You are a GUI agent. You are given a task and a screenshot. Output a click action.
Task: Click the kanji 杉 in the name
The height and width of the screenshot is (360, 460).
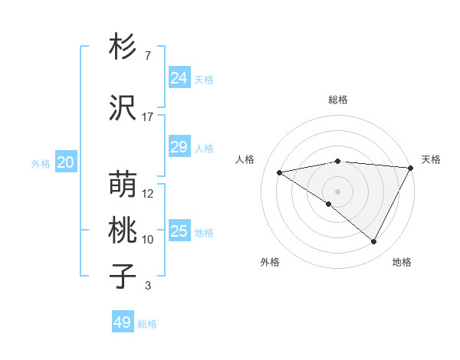[123, 47]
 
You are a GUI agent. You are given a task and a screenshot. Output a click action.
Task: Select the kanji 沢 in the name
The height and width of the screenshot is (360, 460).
[123, 108]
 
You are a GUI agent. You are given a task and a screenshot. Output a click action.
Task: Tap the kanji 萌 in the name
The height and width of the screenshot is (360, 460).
[123, 185]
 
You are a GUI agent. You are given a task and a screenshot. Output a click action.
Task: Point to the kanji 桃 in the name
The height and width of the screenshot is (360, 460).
[123, 231]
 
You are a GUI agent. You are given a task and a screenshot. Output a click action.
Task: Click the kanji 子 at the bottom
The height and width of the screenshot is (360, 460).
[123, 277]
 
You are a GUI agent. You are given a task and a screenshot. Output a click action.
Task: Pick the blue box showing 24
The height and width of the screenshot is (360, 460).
[179, 77]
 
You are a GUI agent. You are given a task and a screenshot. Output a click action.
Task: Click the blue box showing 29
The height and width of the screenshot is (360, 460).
[179, 147]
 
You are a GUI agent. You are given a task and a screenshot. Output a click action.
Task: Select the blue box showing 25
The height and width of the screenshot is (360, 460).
[179, 231]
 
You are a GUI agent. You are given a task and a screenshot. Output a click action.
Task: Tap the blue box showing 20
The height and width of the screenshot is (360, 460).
[65, 162]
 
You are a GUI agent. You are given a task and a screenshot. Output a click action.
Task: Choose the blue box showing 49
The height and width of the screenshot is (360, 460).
[122, 322]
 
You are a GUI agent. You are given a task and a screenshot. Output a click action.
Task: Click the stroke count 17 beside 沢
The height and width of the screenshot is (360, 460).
[148, 117]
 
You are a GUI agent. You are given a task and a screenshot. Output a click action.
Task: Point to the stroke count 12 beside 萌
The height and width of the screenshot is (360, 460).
[148, 194]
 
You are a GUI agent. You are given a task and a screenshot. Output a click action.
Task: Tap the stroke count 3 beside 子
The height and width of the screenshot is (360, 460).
[148, 286]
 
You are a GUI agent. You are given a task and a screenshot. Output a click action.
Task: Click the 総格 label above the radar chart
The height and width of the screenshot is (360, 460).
[337, 100]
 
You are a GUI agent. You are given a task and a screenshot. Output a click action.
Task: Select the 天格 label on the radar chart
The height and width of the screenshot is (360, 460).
[431, 159]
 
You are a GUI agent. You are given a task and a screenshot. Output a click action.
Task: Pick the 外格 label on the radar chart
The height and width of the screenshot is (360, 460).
[270, 262]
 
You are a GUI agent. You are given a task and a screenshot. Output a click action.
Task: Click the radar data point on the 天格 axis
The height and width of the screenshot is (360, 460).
[411, 168]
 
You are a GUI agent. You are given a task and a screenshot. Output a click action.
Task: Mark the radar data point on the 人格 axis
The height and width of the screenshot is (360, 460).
[280, 172]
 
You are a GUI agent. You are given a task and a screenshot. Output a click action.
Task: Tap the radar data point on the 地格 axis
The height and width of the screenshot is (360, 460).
[374, 242]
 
